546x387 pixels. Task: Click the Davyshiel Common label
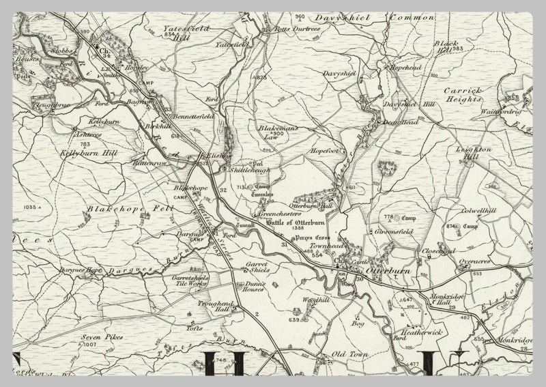[373, 17]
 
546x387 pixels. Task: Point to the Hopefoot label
[324, 150]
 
